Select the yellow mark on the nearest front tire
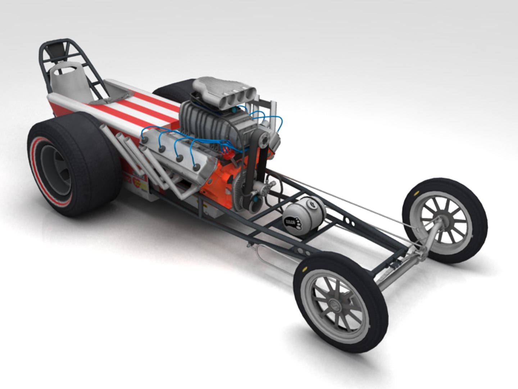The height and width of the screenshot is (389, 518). pyautogui.click(x=305, y=268)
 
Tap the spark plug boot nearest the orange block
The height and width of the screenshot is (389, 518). pyautogui.click(x=196, y=167)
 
